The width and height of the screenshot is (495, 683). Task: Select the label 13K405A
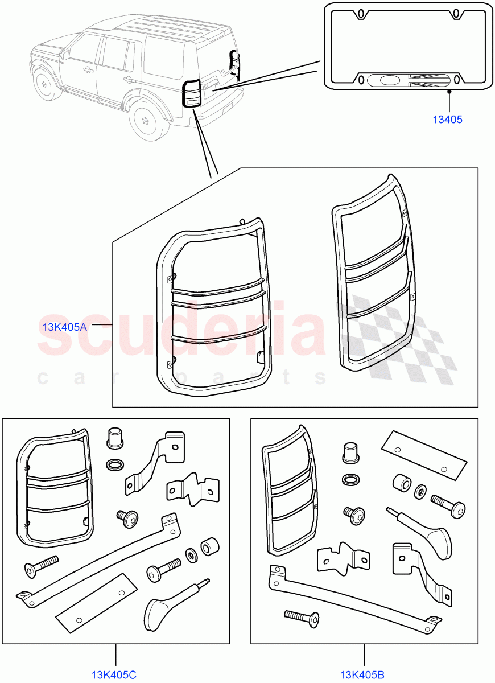(x=65, y=327)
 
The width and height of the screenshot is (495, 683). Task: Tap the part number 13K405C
(x=114, y=675)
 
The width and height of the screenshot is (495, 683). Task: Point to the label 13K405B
(x=362, y=675)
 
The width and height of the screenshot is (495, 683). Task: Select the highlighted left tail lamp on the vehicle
(x=191, y=93)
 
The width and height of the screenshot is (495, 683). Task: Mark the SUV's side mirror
(x=66, y=55)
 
